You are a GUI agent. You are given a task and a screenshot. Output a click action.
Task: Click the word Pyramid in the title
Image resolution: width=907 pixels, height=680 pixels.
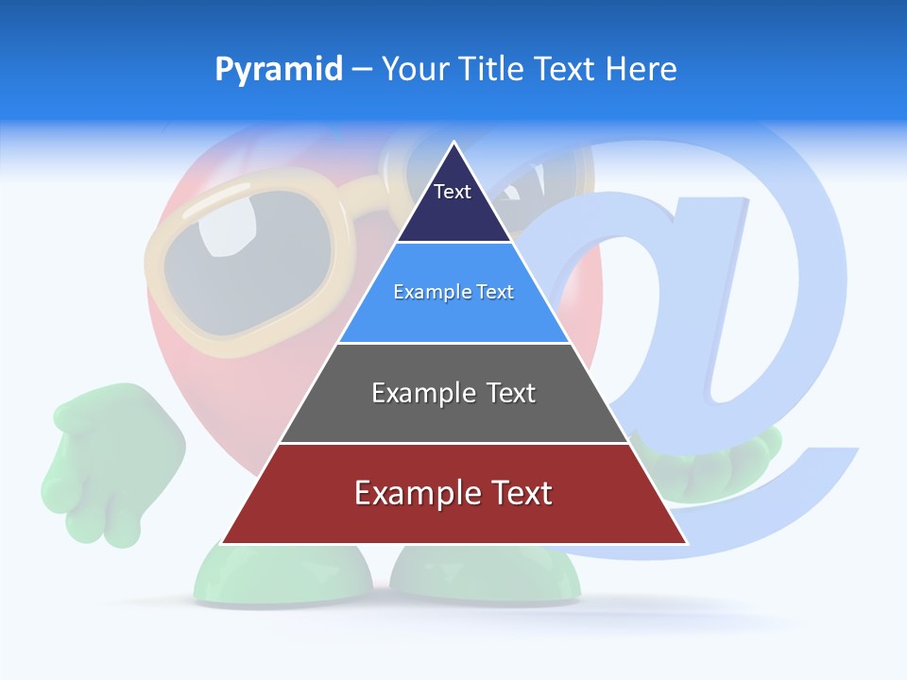279,70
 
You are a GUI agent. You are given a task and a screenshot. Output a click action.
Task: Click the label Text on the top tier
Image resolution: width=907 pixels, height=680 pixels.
452,192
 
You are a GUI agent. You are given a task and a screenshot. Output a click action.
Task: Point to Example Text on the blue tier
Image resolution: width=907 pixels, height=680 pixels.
453,292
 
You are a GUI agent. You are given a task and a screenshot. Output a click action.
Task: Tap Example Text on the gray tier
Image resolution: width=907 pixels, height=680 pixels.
453,393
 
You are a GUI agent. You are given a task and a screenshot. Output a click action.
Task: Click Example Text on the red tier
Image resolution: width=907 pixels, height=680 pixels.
453,493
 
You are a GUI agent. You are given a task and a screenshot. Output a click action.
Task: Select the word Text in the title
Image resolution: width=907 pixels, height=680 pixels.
566,70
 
